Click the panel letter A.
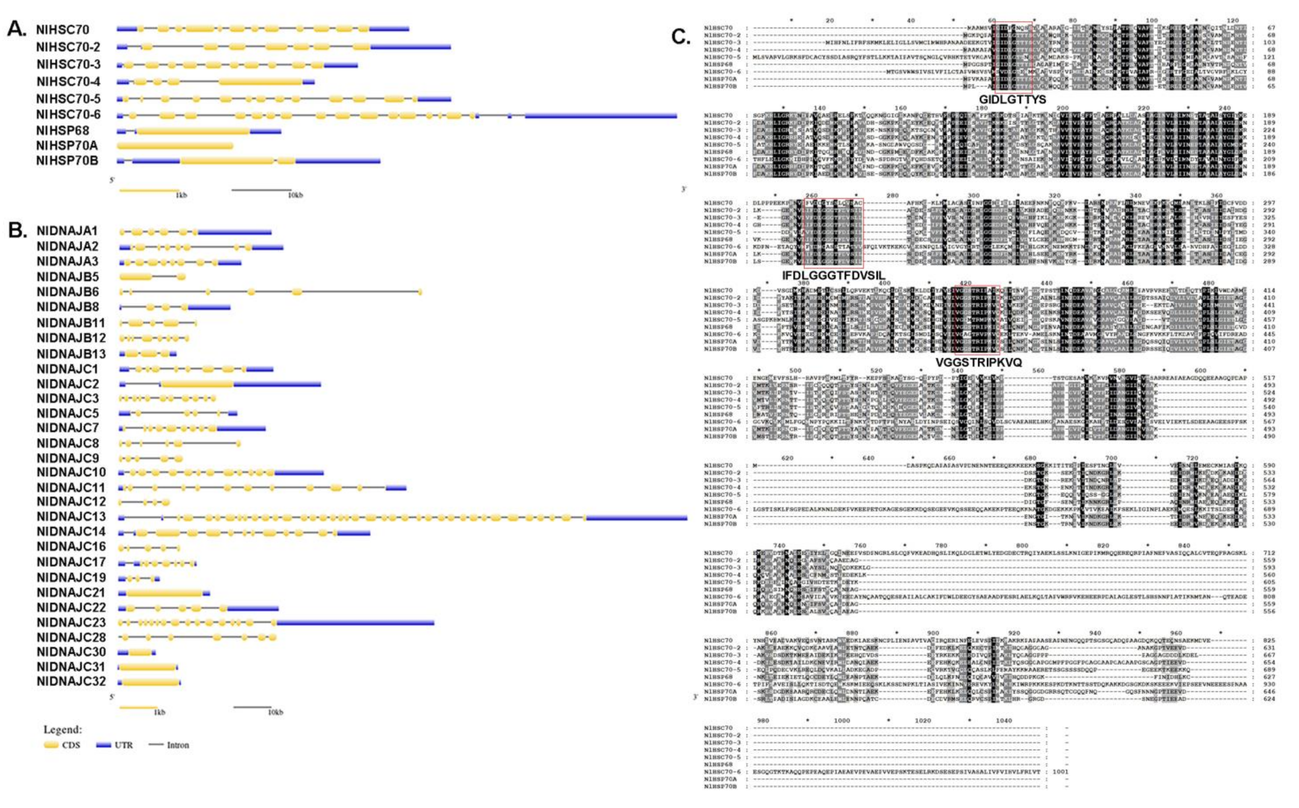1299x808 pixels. coord(16,29)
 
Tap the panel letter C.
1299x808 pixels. coord(680,37)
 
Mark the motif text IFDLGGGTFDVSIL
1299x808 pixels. coord(833,275)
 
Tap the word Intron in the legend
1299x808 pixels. coord(178,745)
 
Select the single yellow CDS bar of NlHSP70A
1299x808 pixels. coord(175,146)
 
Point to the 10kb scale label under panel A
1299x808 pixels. coord(295,195)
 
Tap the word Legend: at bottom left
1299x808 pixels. coord(62,729)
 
